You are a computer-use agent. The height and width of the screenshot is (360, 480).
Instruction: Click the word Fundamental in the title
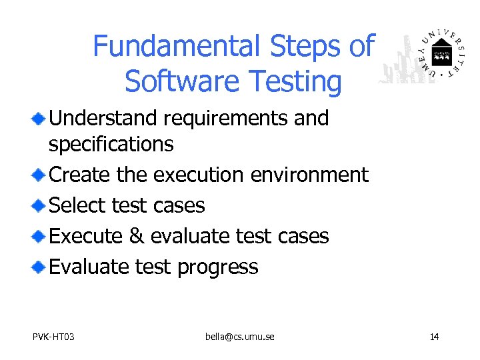[x=177, y=46]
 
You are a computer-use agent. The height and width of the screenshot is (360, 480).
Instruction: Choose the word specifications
[x=111, y=143]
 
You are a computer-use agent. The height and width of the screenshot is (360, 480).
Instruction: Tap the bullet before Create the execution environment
[x=39, y=175]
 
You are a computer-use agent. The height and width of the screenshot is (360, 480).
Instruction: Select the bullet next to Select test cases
[x=39, y=206]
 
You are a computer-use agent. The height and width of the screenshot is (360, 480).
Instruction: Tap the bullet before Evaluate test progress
[x=39, y=267]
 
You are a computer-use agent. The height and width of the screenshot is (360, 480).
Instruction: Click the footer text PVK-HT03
[x=53, y=337]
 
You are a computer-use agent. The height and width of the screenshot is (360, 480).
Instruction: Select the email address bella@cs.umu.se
[x=239, y=337]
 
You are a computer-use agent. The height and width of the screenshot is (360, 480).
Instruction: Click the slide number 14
[x=434, y=337]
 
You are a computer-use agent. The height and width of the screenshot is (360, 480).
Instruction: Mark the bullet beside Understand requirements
[x=39, y=119]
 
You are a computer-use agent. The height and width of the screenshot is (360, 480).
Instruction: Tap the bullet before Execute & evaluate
[x=39, y=237]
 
